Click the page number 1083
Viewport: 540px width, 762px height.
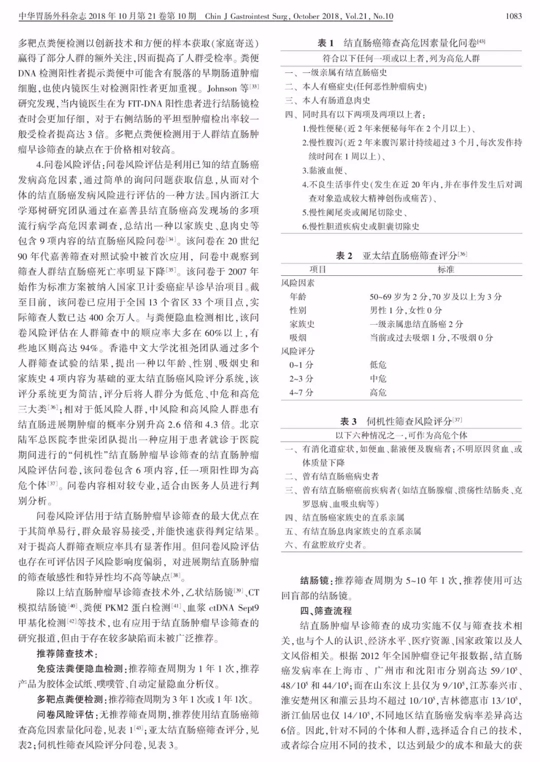click(513, 16)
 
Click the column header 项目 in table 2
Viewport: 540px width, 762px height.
click(317, 269)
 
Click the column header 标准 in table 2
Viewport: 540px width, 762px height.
click(446, 269)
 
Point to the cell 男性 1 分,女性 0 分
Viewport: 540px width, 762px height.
click(406, 310)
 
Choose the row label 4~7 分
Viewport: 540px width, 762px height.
click(301, 392)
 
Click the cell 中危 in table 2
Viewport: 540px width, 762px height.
click(378, 379)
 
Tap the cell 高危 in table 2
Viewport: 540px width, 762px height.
click(378, 392)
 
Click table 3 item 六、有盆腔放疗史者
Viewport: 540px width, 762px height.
click(326, 545)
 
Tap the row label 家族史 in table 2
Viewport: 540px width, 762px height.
click(302, 324)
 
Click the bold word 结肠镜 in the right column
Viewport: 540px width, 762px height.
click(314, 581)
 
